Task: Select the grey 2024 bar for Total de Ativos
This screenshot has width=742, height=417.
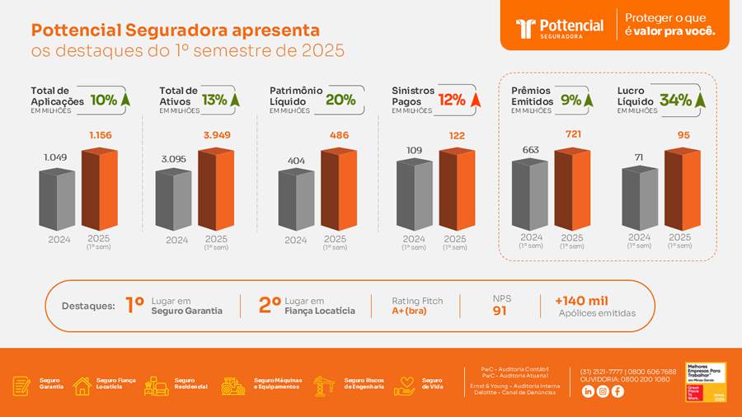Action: point(173,199)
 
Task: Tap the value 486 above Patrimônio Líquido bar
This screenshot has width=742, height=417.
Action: point(339,135)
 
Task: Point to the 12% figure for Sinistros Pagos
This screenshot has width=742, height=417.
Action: point(452,100)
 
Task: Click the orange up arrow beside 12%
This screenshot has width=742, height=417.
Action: point(475,101)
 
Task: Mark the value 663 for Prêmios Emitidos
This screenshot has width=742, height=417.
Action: point(531,149)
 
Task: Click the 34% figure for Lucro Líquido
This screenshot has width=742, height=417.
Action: point(675,100)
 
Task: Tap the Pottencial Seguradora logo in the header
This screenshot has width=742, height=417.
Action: point(560,28)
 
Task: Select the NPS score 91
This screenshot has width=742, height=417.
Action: point(500,312)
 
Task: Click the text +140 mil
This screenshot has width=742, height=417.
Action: point(581,301)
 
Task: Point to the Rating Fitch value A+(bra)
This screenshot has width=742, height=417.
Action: point(410,312)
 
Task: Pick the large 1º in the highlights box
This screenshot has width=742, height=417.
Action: point(134,305)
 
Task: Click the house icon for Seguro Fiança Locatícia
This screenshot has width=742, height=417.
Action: point(82,386)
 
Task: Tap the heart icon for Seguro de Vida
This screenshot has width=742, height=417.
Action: point(405,386)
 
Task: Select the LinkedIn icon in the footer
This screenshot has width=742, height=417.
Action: point(588,391)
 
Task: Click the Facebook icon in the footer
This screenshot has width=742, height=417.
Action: point(618,391)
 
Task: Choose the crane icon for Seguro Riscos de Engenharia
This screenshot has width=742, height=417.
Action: point(323,386)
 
